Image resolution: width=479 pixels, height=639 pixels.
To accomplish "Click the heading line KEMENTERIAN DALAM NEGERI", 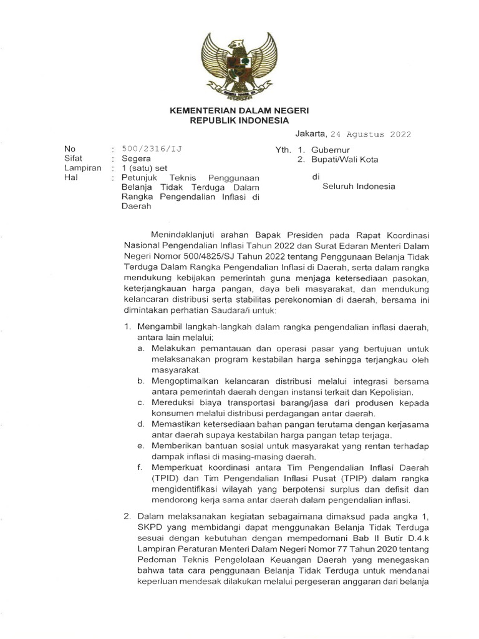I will pyautogui.click(x=239, y=110).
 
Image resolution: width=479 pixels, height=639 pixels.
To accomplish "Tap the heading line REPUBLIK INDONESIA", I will pyautogui.click(x=239, y=120).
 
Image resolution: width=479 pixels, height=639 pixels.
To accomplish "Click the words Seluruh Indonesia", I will pyautogui.click(x=358, y=186).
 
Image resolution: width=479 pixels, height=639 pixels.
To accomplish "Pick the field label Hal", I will pyautogui.click(x=70, y=177).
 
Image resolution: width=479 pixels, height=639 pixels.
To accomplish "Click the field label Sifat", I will pyautogui.click(x=73, y=159).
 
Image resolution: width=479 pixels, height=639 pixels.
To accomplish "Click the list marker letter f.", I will pyautogui.click(x=140, y=467).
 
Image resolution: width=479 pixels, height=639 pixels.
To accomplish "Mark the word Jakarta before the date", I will pyautogui.click(x=310, y=133).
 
